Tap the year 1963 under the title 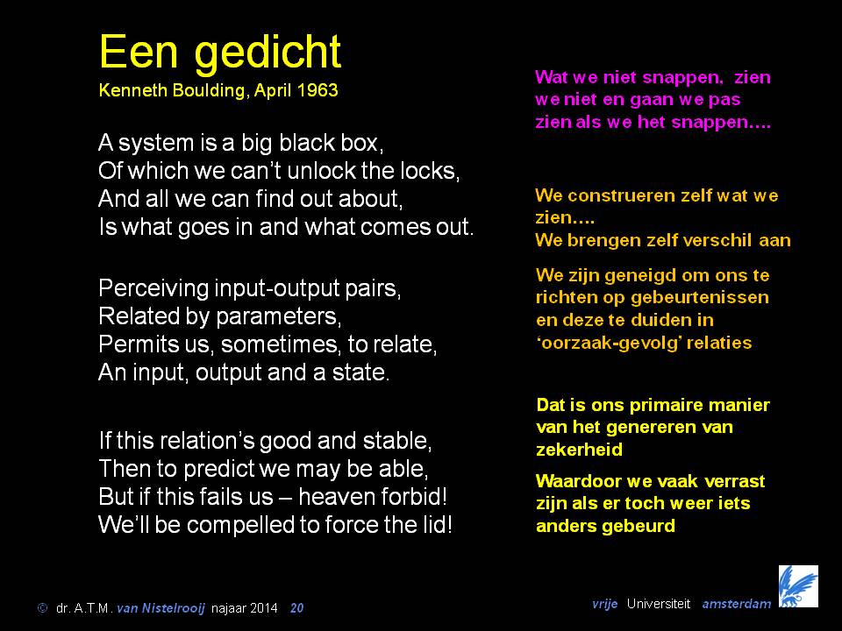[x=318, y=89]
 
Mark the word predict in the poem [x=221, y=470]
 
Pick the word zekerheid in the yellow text [x=580, y=450]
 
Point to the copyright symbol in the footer [x=42, y=608]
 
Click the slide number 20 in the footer [x=297, y=608]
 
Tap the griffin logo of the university [x=798, y=586]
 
